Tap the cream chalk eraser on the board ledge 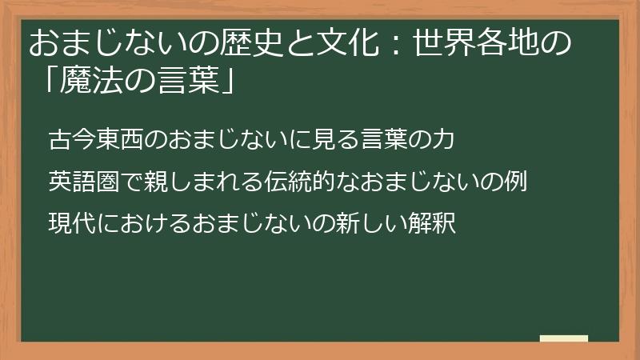click(563, 338)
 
